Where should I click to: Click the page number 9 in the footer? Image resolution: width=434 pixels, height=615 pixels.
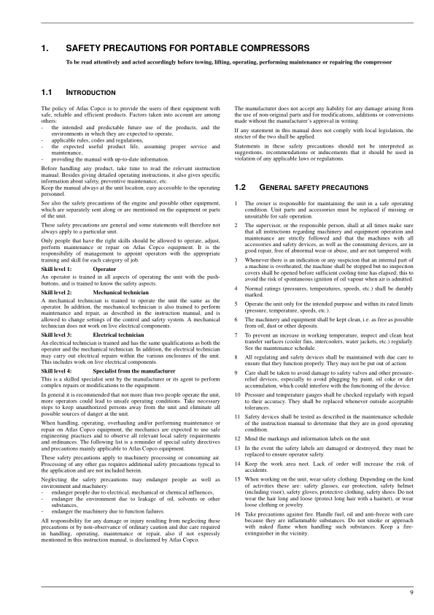pyautogui.click(x=411, y=592)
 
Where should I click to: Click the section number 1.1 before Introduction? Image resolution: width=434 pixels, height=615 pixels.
pyautogui.click(x=47, y=93)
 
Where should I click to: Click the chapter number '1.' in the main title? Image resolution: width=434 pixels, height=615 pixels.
pyautogui.click(x=45, y=49)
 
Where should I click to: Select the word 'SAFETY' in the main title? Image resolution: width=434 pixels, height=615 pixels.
pyautogui.click(x=84, y=49)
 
